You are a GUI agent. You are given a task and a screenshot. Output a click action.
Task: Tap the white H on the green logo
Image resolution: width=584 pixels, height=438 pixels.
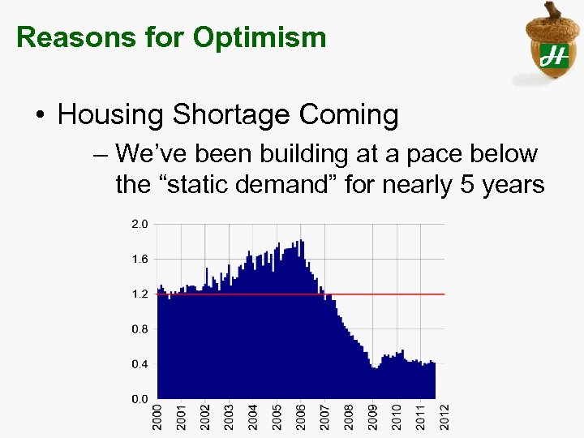click(x=554, y=56)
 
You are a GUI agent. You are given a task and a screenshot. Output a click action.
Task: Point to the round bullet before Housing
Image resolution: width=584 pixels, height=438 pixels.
click(x=41, y=116)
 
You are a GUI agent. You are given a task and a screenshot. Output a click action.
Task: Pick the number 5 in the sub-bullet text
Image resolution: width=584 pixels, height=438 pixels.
click(x=466, y=185)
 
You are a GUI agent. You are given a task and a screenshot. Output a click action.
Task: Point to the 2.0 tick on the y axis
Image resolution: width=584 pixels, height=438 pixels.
click(x=140, y=224)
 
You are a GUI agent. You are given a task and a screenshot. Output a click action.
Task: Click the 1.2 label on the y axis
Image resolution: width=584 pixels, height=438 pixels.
click(x=140, y=294)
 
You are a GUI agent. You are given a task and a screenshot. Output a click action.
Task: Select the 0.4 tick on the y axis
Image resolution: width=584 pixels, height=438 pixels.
click(x=140, y=364)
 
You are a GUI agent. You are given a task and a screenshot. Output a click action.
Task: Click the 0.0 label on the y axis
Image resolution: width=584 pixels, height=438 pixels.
click(x=140, y=399)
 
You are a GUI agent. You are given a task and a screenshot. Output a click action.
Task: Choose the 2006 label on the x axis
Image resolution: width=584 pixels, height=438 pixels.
click(x=301, y=417)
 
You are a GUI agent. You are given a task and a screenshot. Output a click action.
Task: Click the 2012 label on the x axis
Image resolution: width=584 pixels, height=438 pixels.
click(x=444, y=417)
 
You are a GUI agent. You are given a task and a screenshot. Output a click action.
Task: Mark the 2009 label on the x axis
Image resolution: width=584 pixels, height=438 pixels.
click(x=373, y=417)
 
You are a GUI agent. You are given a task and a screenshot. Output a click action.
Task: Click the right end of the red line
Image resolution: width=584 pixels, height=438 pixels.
click(x=443, y=294)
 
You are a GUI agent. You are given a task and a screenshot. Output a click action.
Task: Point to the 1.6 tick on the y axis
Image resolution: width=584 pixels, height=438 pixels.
click(x=140, y=259)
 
